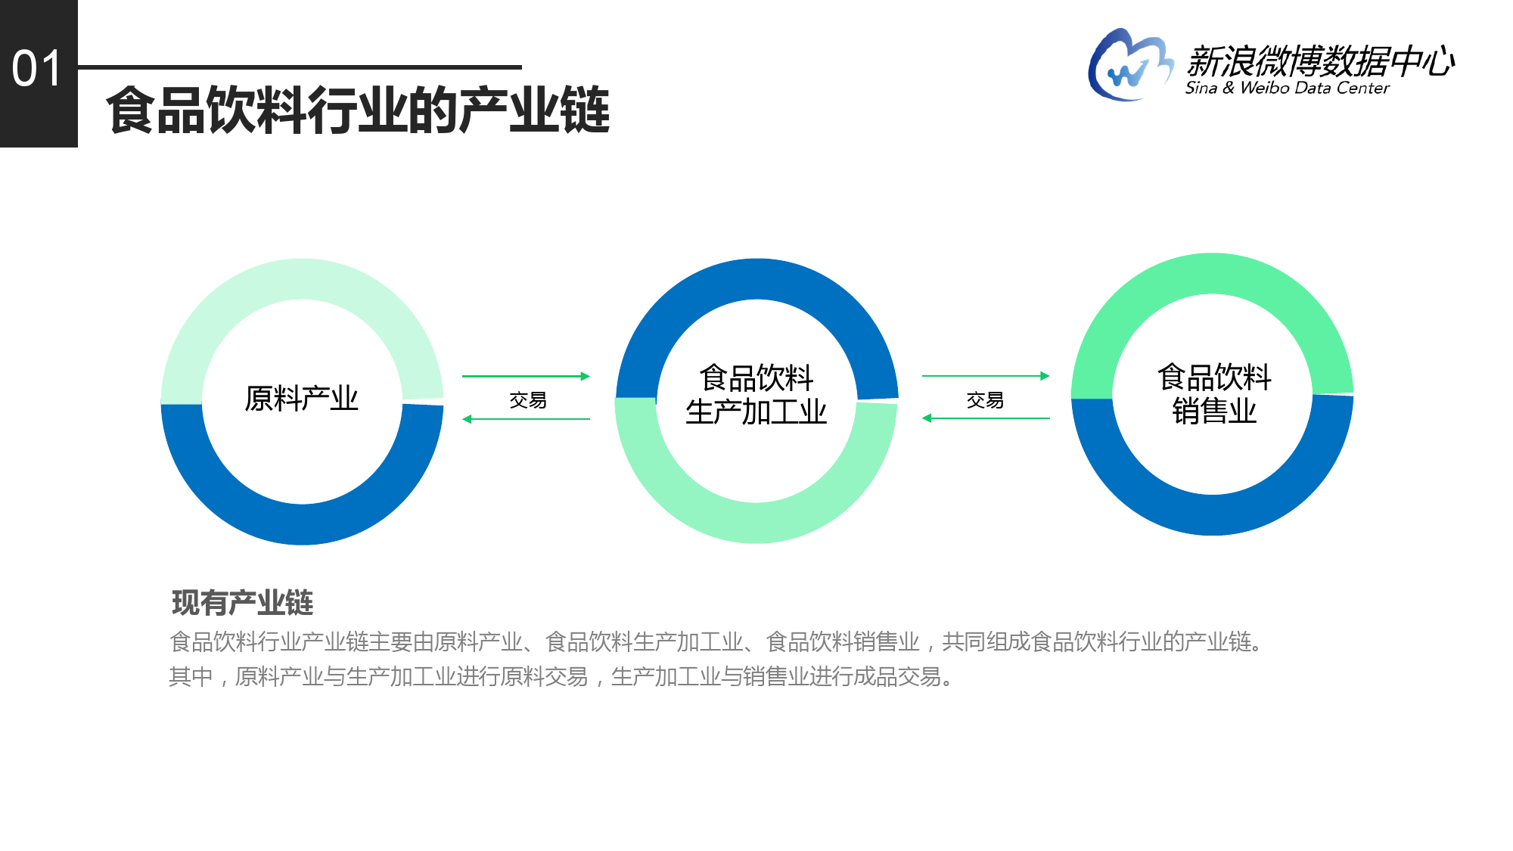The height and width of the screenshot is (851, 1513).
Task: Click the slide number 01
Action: (36, 69)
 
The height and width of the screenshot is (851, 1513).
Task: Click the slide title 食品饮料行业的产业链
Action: (358, 110)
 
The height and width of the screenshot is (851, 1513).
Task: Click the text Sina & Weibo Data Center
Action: (1287, 88)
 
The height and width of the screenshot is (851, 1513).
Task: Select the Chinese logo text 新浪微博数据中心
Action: (1320, 61)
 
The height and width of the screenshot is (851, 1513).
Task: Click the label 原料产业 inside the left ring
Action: (301, 399)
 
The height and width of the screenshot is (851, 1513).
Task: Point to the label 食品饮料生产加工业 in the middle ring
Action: (756, 394)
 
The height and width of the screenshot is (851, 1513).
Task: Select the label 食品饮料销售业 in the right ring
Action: (1214, 393)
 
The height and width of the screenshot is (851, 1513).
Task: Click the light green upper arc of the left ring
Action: (302, 279)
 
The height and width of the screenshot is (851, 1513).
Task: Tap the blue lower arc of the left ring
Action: (302, 524)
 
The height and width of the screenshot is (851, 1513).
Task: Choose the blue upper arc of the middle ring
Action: (756, 279)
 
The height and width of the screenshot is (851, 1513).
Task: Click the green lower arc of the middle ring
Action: (756, 523)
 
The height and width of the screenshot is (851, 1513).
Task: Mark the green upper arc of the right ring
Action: (1212, 274)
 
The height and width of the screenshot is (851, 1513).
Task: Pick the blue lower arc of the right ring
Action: (1212, 515)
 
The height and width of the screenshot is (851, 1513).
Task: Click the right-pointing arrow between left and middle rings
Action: (526, 376)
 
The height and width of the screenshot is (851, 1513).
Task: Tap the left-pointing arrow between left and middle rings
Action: (526, 419)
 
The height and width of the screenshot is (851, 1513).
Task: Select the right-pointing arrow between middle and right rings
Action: (986, 376)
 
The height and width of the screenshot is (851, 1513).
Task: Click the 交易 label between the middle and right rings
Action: (985, 400)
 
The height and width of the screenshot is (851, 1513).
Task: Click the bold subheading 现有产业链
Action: (242, 603)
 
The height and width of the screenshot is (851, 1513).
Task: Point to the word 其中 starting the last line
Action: (191, 676)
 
